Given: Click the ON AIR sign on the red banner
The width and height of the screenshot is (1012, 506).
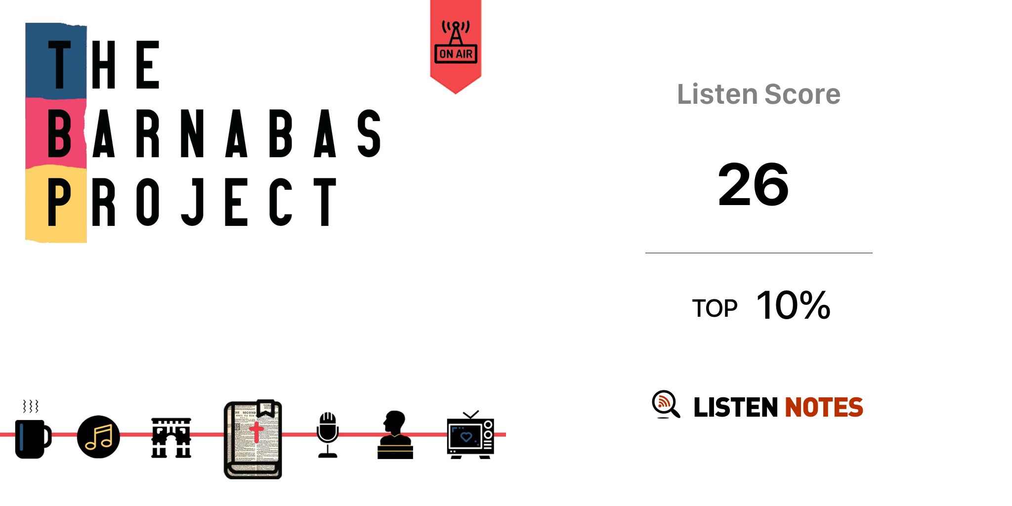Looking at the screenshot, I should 456,53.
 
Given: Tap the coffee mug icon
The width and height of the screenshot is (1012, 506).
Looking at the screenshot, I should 32,437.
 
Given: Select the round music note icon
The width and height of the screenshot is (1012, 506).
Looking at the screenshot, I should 98,437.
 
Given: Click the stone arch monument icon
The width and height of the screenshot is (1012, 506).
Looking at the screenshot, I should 171,438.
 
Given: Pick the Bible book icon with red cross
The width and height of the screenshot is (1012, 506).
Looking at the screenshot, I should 253,439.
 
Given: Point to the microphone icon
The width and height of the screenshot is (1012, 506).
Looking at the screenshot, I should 328,435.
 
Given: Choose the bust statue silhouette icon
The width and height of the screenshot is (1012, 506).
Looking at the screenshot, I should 395,435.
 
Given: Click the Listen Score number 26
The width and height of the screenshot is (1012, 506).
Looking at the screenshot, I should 753,185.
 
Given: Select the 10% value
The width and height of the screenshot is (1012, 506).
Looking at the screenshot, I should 793,305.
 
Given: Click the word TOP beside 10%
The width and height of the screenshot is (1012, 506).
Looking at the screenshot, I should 715,309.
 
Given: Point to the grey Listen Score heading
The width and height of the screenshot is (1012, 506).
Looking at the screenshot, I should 759,94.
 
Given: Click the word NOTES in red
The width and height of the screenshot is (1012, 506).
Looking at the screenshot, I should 824,407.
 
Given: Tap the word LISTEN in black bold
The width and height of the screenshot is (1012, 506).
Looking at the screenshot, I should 736,407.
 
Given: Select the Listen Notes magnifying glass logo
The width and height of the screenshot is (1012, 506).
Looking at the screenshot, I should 666,404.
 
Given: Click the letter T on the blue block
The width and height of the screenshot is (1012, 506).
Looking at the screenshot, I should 60,65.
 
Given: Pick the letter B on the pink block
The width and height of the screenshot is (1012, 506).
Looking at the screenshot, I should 60,133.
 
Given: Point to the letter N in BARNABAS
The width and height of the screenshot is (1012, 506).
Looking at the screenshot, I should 192,133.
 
